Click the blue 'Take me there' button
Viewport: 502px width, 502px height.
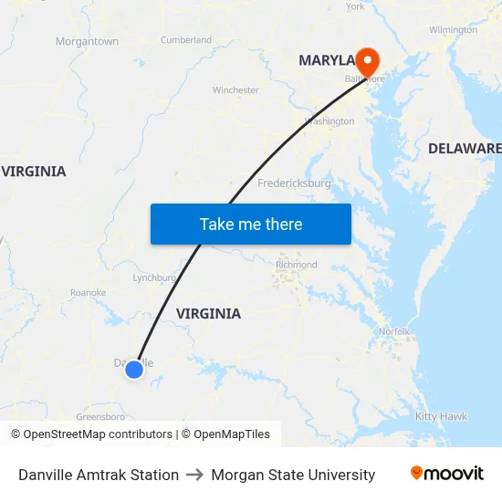250,224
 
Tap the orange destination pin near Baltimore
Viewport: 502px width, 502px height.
367,60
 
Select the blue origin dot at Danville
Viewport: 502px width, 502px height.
134,369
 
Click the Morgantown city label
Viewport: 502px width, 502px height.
87,42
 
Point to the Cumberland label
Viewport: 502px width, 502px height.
185,40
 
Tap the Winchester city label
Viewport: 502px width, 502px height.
235,90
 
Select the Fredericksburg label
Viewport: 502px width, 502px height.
294,183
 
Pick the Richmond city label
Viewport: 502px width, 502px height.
296,266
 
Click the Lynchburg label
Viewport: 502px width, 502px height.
153,277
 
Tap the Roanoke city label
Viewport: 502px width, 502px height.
89,293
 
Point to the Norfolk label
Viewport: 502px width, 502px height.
394,331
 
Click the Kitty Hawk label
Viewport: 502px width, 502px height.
441,416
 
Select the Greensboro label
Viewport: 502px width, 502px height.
99,416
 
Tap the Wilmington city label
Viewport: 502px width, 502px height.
453,30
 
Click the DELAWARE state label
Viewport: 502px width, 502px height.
465,148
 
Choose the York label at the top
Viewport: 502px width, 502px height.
355,6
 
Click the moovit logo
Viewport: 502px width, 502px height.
446,474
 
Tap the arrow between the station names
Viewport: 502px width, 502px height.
194,475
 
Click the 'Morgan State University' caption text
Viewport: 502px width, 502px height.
293,475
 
